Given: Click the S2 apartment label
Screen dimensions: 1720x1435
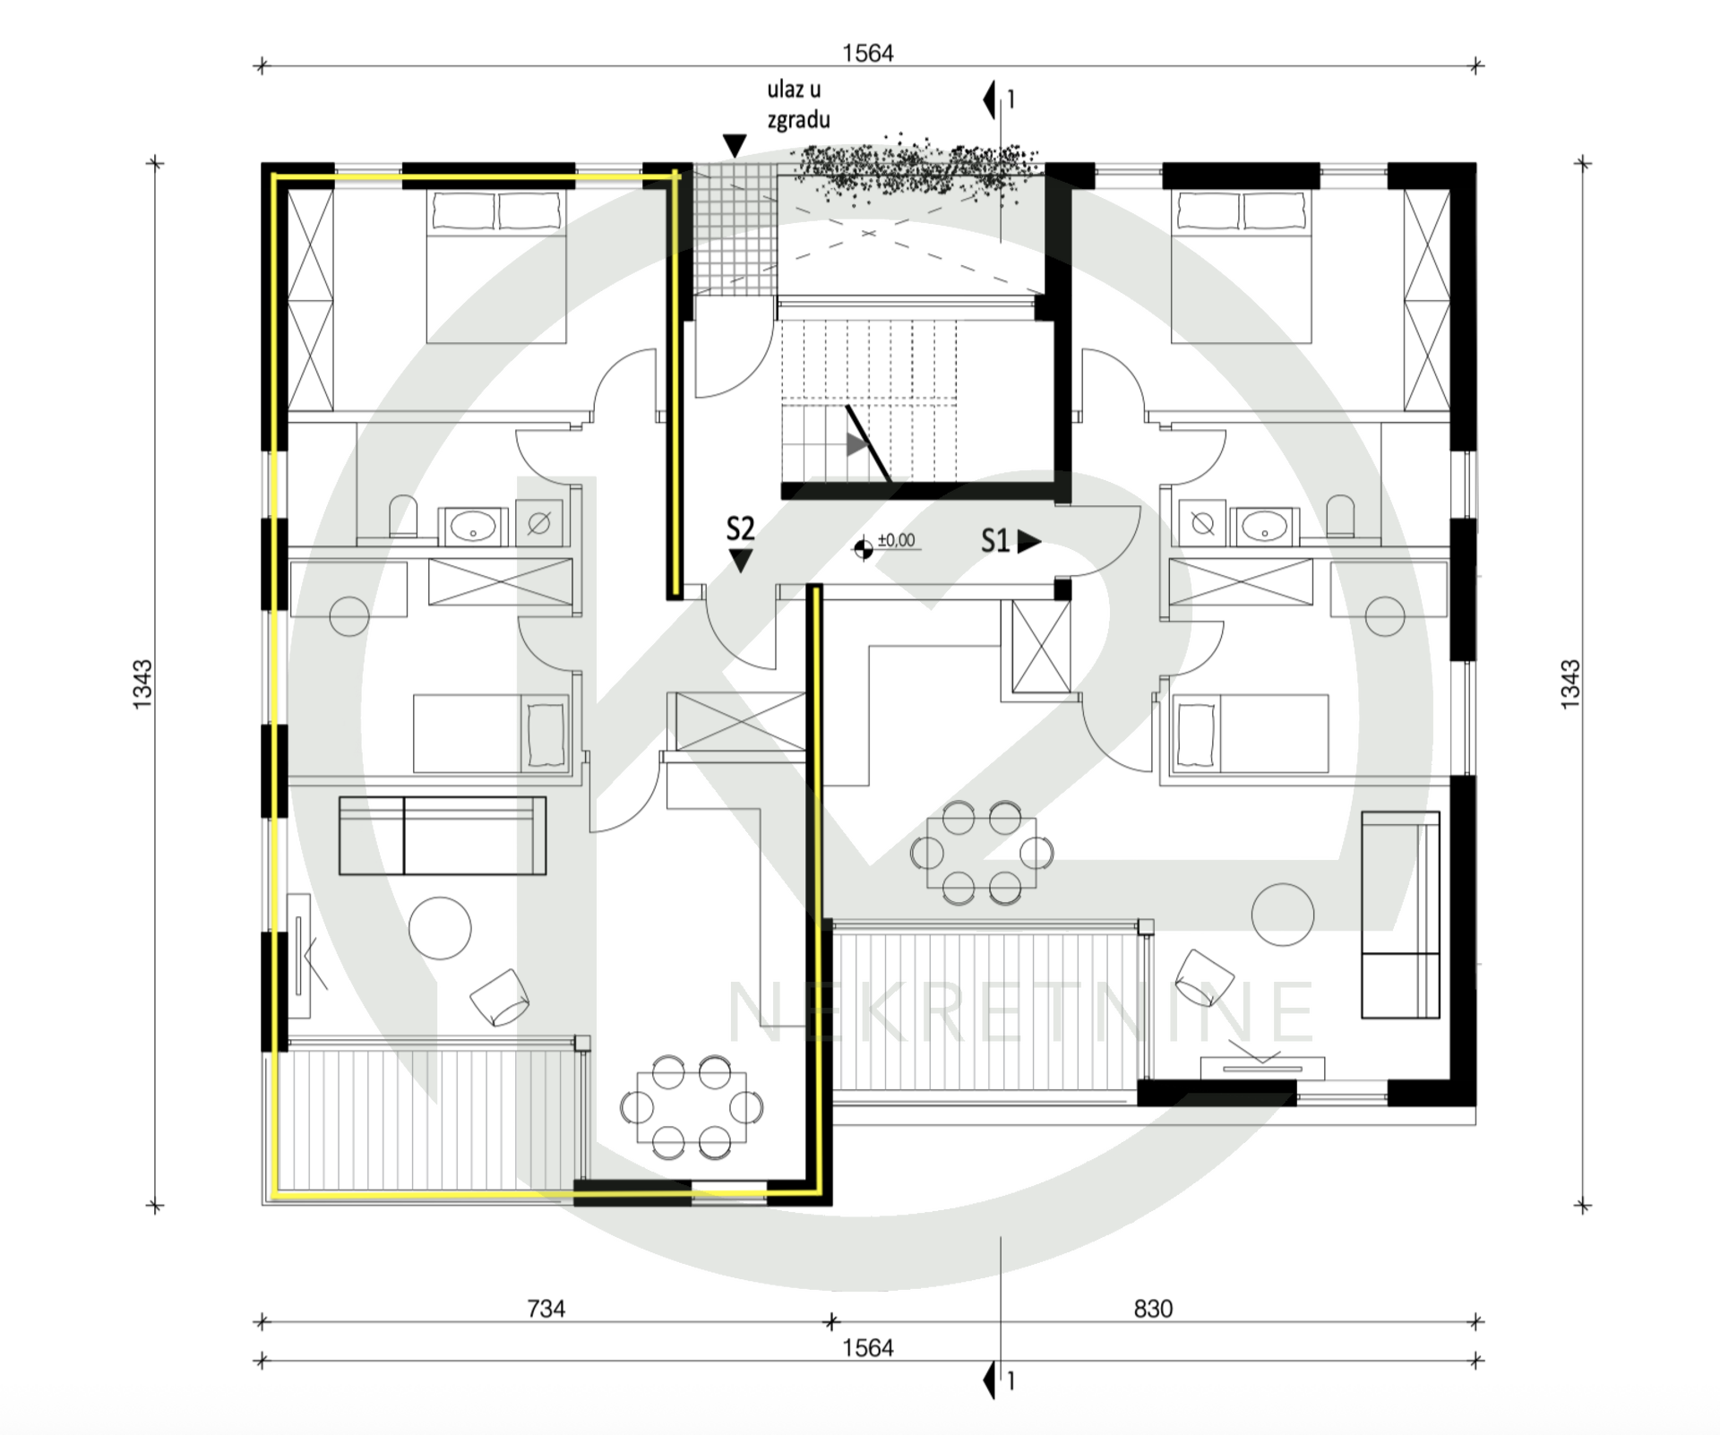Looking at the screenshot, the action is pos(740,529).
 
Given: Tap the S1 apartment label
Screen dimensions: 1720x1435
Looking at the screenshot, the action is pos(995,540).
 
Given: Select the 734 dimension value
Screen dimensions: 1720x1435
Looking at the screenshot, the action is pos(546,1309).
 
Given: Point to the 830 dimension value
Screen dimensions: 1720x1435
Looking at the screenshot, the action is pos(1153,1309).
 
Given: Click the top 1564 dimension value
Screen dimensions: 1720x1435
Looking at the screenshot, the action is pos(868,54).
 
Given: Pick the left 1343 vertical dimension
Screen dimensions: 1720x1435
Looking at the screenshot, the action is pos(143,685).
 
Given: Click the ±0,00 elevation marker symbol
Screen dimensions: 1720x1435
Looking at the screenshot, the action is pos(864,549).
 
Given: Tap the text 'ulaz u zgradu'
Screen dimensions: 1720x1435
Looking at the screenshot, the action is pos(797,105).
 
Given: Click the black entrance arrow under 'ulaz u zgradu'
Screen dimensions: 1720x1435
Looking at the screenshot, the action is pos(735,146).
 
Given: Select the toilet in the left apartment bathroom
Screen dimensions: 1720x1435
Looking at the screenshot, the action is pos(404,517).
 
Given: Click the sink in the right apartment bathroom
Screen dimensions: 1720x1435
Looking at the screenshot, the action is pos(1264,525).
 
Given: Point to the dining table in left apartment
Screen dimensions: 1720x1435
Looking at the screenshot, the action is pos(691,1106).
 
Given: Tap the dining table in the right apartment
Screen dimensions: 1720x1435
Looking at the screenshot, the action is pos(981,852).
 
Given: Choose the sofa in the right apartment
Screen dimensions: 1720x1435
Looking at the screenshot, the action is pos(1400,915).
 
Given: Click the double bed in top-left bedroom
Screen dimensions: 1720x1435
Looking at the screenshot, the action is pos(496,266).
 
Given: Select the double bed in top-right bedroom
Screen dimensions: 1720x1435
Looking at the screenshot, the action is pos(1243,266).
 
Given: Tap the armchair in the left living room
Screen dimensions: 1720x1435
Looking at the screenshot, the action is pos(500,997).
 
